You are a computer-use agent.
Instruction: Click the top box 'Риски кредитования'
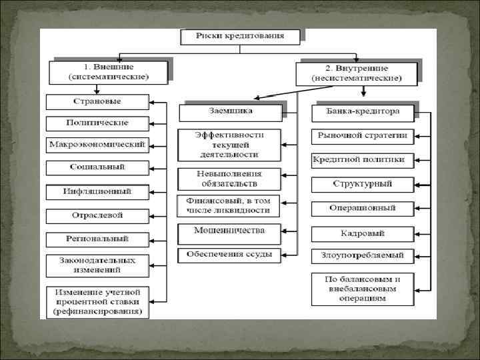[x=240, y=36]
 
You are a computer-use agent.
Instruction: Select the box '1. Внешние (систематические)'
[x=108, y=72]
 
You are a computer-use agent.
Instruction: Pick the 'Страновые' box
[x=97, y=102]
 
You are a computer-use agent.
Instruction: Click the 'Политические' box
[x=97, y=123]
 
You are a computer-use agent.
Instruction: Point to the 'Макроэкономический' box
[x=97, y=145]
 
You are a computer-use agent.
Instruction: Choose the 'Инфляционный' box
[x=97, y=192]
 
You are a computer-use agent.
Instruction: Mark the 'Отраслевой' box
[x=97, y=216]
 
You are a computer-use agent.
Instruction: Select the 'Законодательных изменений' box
[x=97, y=265]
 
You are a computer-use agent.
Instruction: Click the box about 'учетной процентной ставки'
[x=97, y=302]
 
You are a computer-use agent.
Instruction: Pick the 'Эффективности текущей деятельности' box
[x=229, y=144]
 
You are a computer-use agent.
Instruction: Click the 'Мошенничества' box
[x=229, y=231]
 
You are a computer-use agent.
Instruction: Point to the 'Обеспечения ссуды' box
[x=229, y=254]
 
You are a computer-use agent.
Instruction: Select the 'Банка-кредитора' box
[x=363, y=112]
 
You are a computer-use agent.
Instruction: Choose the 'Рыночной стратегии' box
[x=363, y=136]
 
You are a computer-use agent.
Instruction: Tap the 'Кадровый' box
[x=363, y=234]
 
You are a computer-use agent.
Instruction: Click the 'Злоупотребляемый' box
[x=363, y=255]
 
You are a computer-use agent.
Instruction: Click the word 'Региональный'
[x=97, y=239]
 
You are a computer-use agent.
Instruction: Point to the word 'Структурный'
[x=363, y=183]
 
